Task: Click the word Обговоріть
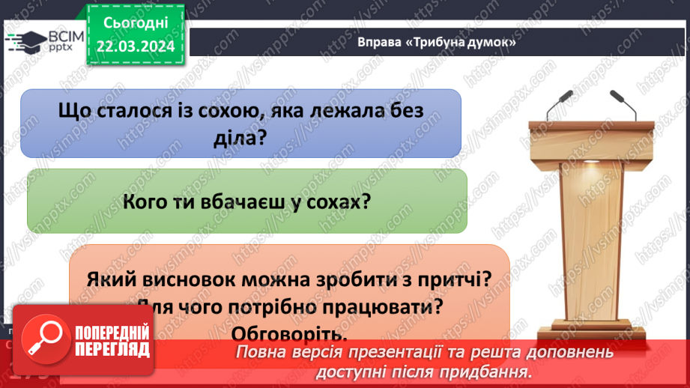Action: tap(289, 333)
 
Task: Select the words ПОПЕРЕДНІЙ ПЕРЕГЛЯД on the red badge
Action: tap(108, 342)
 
